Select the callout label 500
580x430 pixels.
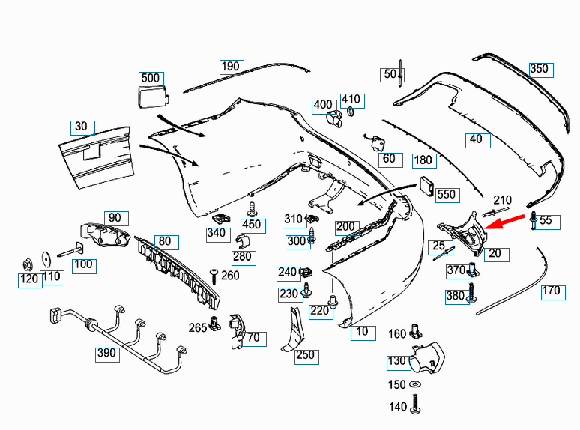point(151,78)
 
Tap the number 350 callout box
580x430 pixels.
point(539,69)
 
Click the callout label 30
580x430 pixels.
point(82,127)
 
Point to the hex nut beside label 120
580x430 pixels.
point(26,264)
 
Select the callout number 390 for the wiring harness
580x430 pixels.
point(107,353)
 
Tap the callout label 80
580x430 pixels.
point(165,242)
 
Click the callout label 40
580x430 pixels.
point(476,139)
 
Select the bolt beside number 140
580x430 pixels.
point(417,407)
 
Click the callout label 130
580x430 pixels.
point(396,361)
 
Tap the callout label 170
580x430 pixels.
point(552,291)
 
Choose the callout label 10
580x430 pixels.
point(362,332)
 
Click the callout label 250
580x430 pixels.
point(306,355)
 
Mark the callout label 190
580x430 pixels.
point(231,67)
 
